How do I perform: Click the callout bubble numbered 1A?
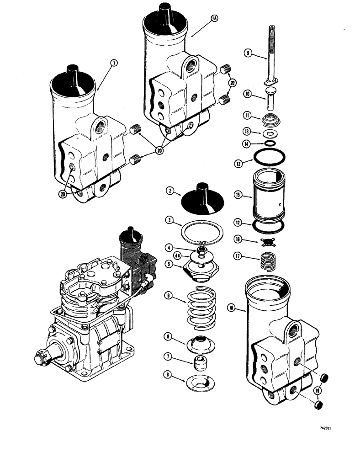(x=215, y=18)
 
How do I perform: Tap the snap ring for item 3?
(x=201, y=231)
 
